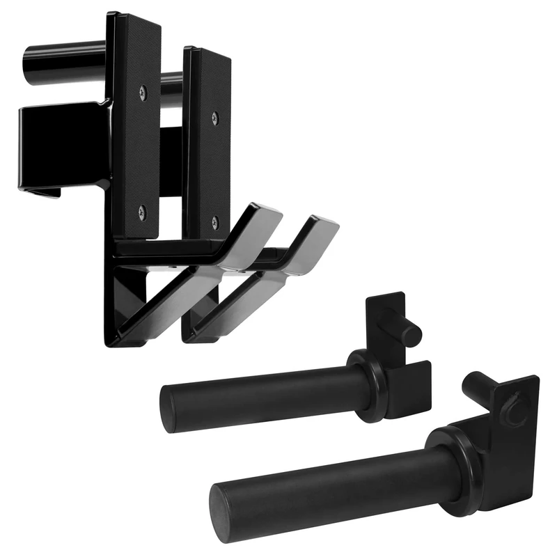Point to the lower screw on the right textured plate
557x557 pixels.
coord(214,221)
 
